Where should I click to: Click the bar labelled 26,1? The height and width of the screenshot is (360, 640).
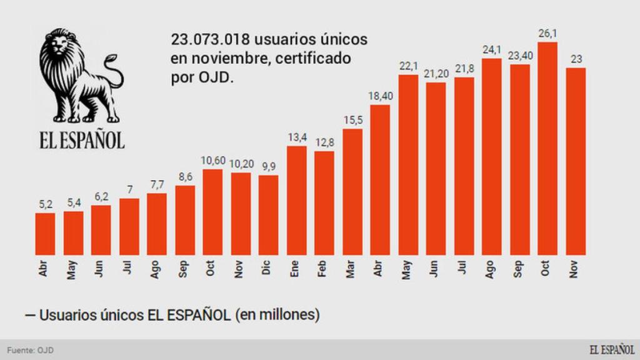click(547, 149)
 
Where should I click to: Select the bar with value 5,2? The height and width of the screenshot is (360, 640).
click(45, 234)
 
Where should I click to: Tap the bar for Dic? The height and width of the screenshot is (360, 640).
click(268, 215)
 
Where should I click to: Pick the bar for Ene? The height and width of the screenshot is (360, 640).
click(296, 200)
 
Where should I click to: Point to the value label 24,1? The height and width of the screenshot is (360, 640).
click(492, 49)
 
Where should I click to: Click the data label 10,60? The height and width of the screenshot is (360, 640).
click(212, 161)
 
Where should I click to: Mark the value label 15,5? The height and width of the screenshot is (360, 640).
click(352, 119)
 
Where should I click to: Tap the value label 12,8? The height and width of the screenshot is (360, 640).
click(324, 142)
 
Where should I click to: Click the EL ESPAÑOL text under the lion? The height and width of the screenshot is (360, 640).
click(82, 140)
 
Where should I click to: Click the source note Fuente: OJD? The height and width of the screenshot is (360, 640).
click(30, 350)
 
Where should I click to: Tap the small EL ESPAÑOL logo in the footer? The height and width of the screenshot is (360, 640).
click(611, 349)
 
